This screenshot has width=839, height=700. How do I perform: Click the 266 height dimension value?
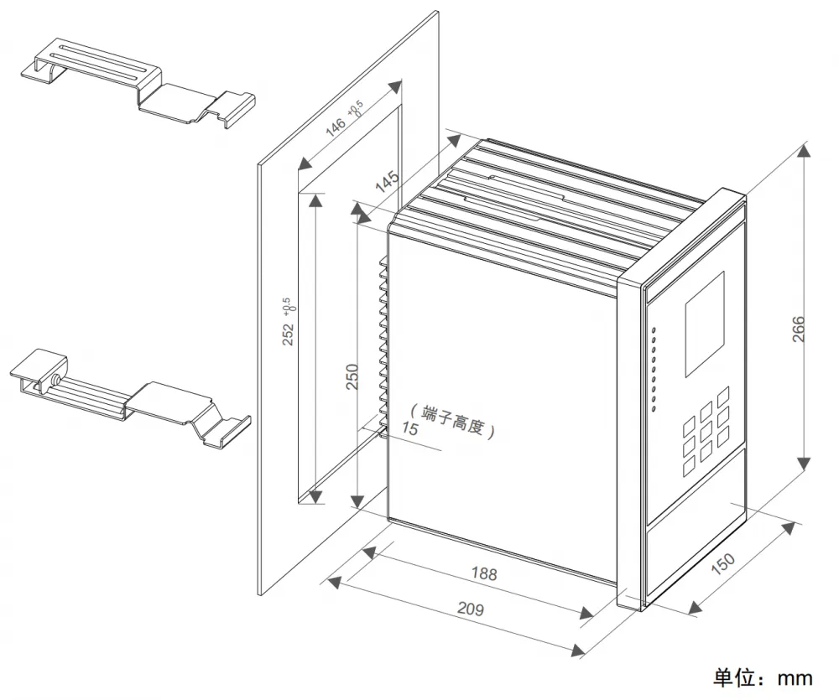[799, 329]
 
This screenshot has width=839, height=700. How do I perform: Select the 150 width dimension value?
[723, 563]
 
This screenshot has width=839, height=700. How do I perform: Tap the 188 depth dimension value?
[484, 573]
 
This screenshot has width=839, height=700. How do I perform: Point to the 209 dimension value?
[471, 609]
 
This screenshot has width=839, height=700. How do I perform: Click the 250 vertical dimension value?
[352, 376]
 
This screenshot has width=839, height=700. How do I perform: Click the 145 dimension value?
[386, 181]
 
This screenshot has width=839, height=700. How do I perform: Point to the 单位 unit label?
[733, 678]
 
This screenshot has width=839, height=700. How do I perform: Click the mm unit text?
[795, 679]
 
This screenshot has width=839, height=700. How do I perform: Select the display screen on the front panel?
[705, 324]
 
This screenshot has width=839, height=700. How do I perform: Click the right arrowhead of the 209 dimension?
[578, 650]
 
